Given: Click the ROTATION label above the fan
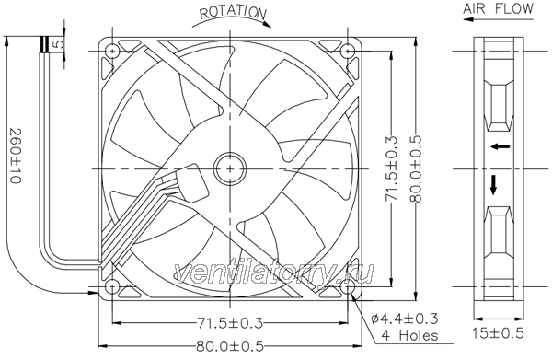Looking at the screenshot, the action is tap(233, 12).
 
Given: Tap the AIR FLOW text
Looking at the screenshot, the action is tap(499, 8).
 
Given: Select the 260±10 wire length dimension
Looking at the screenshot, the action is tap(16, 156).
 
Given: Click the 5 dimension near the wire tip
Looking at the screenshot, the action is tap(59, 43).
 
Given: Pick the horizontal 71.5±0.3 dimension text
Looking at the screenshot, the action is tap(230, 323).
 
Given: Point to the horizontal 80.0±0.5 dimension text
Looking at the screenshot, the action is tap(230, 346).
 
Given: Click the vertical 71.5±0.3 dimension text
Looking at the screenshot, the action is tap(391, 168).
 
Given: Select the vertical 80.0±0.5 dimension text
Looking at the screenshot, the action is tap(416, 168).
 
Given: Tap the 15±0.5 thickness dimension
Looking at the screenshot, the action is tap(498, 333).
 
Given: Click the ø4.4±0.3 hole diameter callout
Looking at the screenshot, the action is tap(405, 319).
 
